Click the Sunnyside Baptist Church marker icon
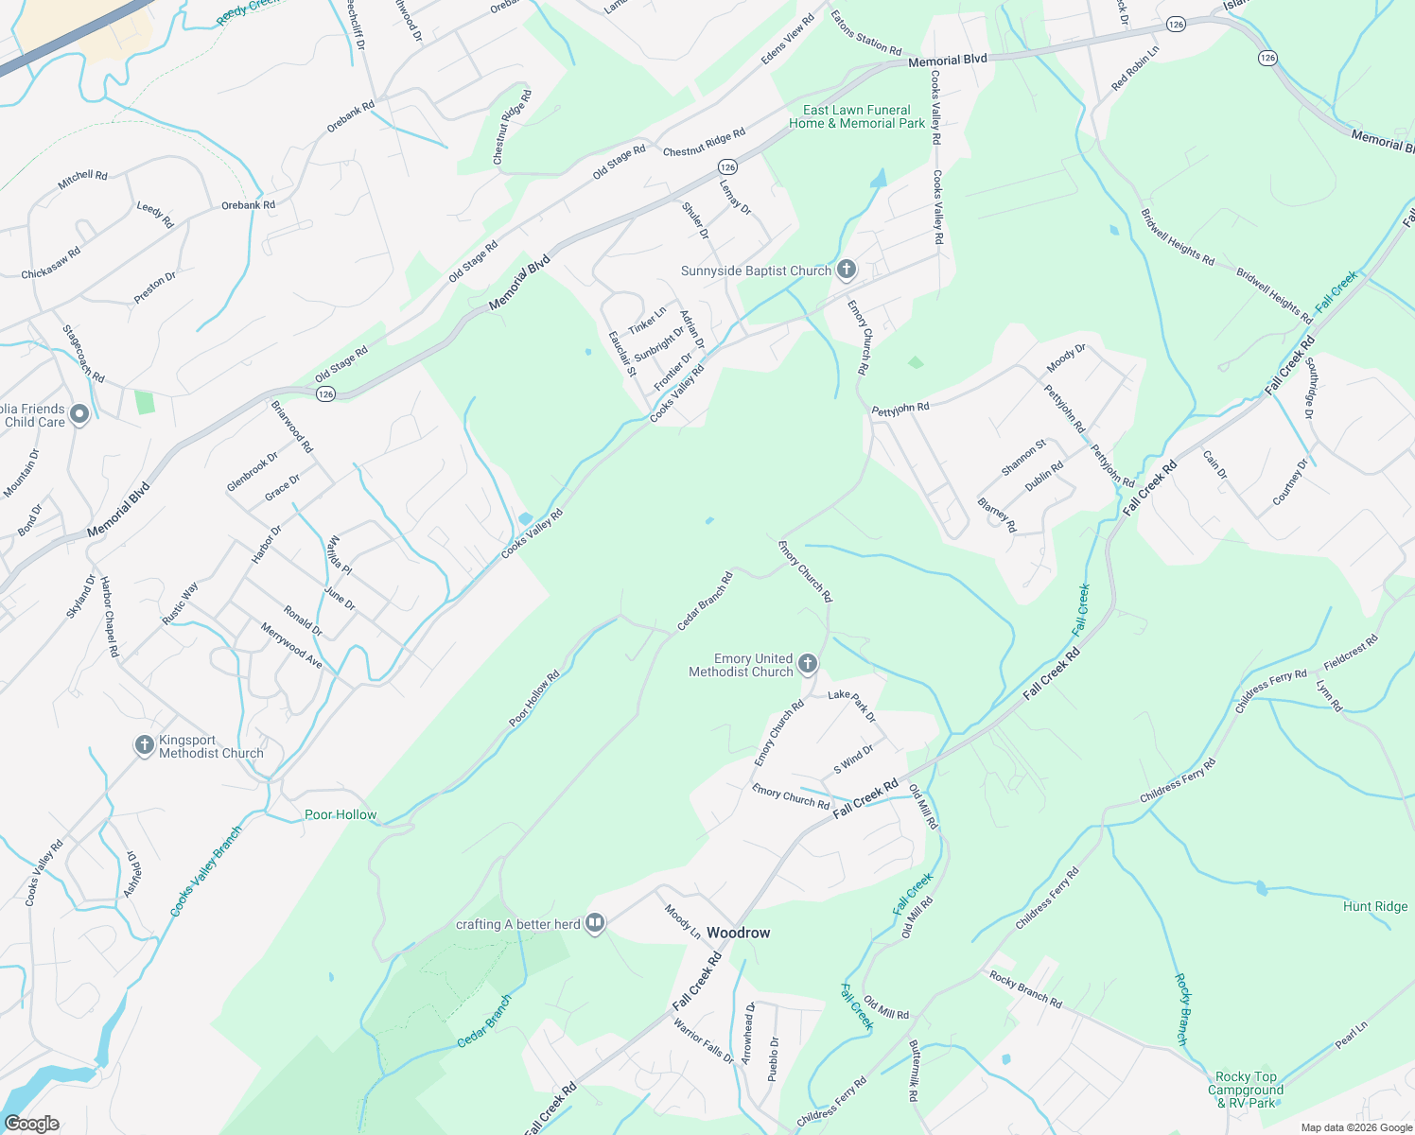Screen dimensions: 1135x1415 coord(847,270)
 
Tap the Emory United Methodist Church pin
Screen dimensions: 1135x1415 coord(807,663)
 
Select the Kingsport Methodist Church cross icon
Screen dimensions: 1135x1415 coord(144,745)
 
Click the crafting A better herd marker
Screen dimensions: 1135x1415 coord(595,923)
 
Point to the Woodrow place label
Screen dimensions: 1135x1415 coord(738,933)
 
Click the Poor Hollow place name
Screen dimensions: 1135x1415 coord(341,814)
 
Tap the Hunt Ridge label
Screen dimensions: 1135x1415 coord(1375,906)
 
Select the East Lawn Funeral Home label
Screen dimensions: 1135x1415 coord(857,116)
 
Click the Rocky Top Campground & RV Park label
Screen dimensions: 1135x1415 coord(1246,1090)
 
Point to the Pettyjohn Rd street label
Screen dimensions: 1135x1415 coord(900,409)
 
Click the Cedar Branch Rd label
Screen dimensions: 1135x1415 coord(706,602)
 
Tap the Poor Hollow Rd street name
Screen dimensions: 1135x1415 coord(534,699)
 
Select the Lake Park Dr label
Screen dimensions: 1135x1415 coord(852,706)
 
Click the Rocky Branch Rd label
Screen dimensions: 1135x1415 coord(1025,989)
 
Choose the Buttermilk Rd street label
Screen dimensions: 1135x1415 coord(913,1071)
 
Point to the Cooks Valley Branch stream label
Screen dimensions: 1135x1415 coord(206,871)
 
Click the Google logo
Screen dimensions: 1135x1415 coord(31,1124)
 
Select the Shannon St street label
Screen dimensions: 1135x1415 coord(1023,458)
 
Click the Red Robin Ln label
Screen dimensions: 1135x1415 coord(1135,68)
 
